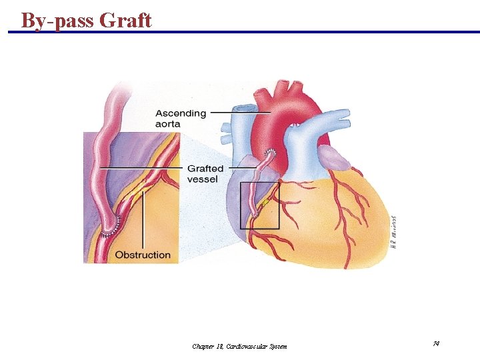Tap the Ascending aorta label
click(x=180, y=118)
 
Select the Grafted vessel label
click(x=205, y=173)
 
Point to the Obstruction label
click(x=143, y=255)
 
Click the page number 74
click(x=435, y=343)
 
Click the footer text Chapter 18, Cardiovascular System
click(x=239, y=346)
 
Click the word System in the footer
click(x=275, y=346)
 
